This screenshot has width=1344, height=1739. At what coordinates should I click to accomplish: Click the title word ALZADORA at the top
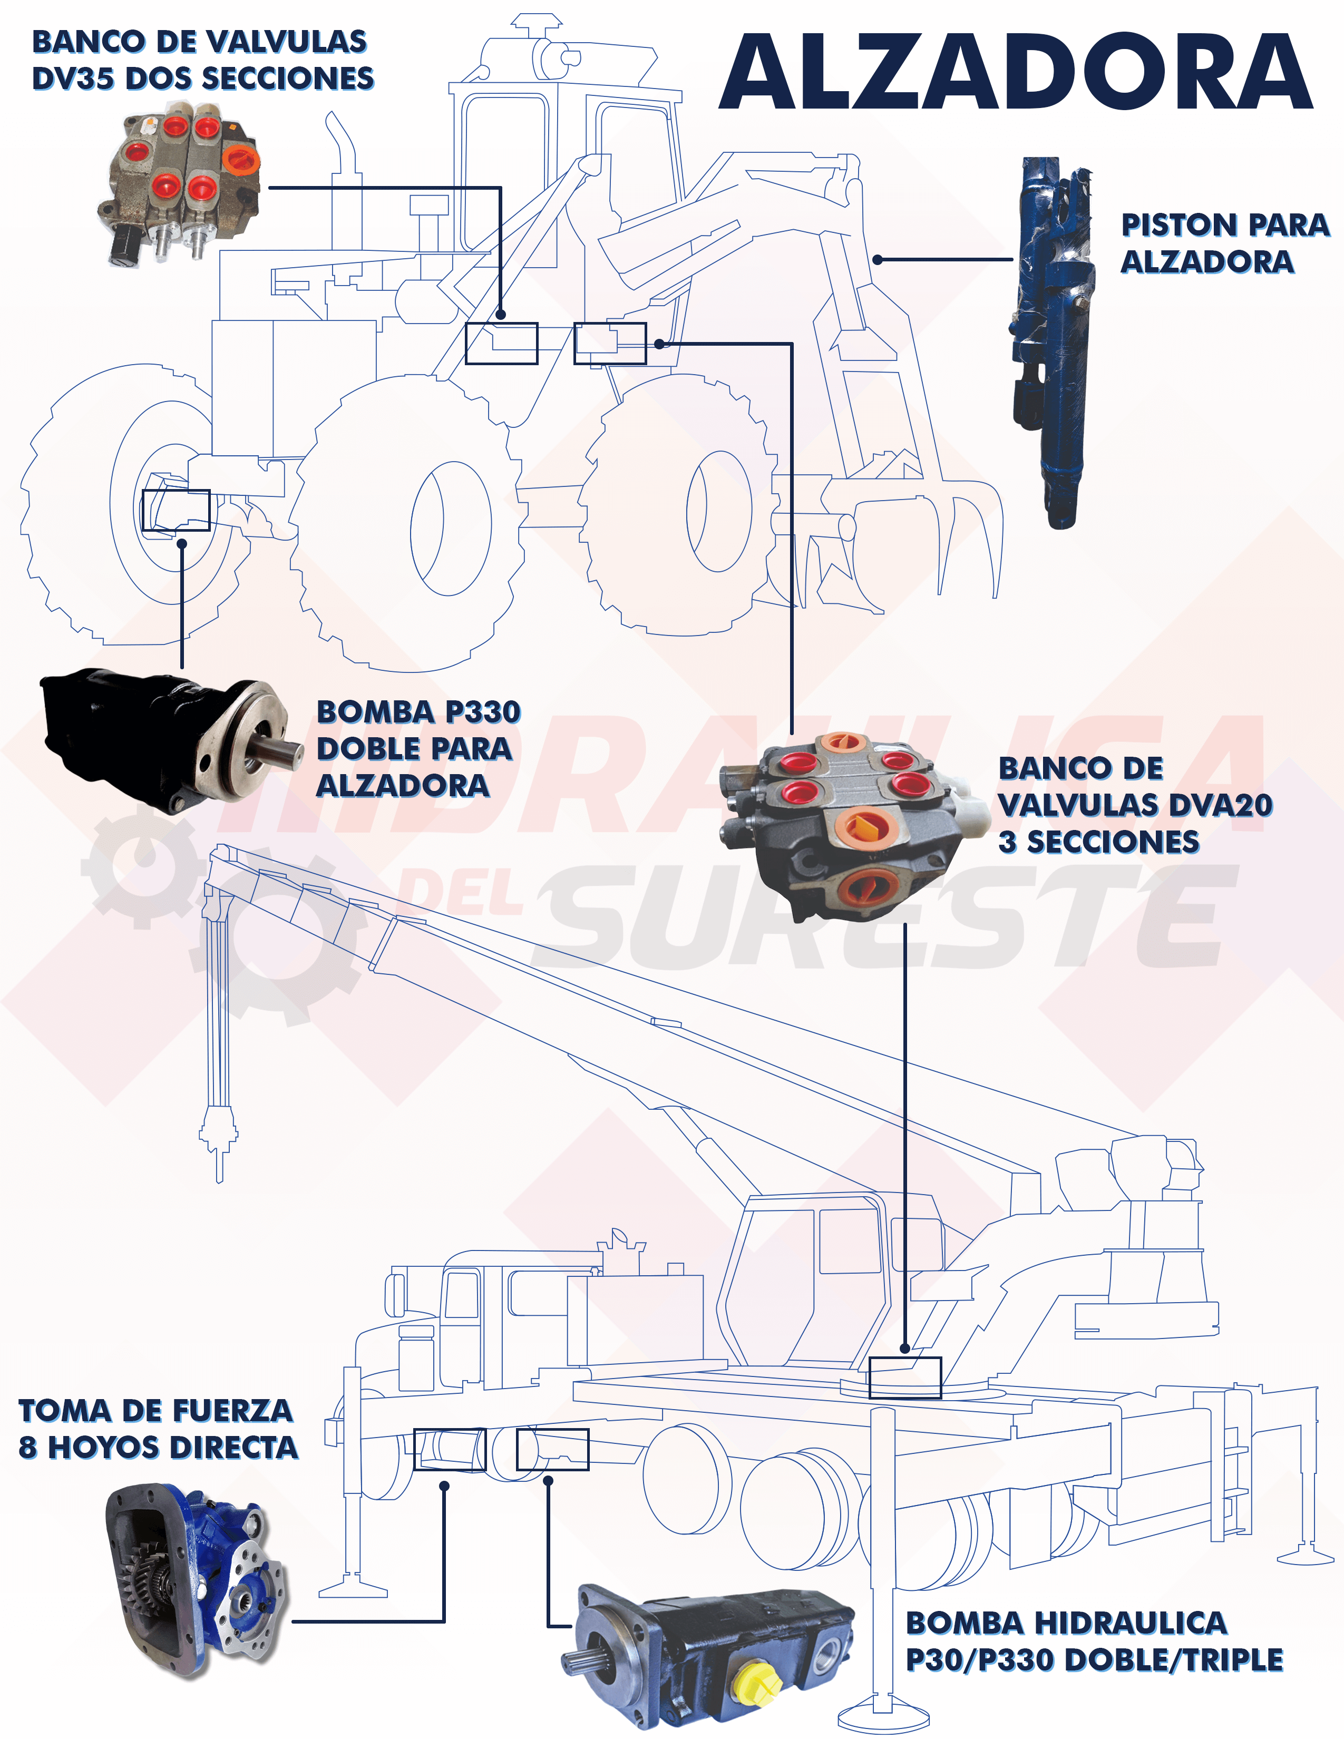(x=1015, y=72)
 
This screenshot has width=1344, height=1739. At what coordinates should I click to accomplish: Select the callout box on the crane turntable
(x=904, y=1377)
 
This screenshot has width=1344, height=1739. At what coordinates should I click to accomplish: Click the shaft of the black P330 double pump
(x=279, y=748)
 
